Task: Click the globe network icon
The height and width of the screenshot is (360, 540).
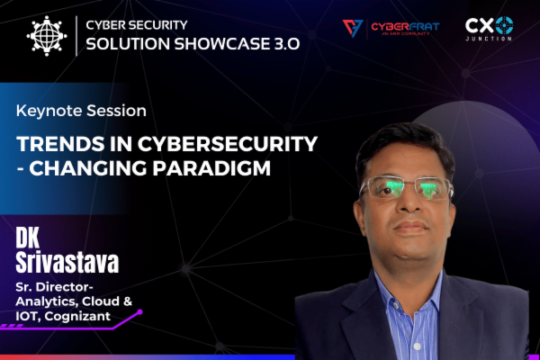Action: (47, 36)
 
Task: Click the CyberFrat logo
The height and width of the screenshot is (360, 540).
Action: (391, 29)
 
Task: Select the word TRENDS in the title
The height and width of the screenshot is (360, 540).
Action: (54, 145)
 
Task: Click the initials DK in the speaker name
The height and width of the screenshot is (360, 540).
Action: (31, 237)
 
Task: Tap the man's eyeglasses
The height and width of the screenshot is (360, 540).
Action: (394, 188)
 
